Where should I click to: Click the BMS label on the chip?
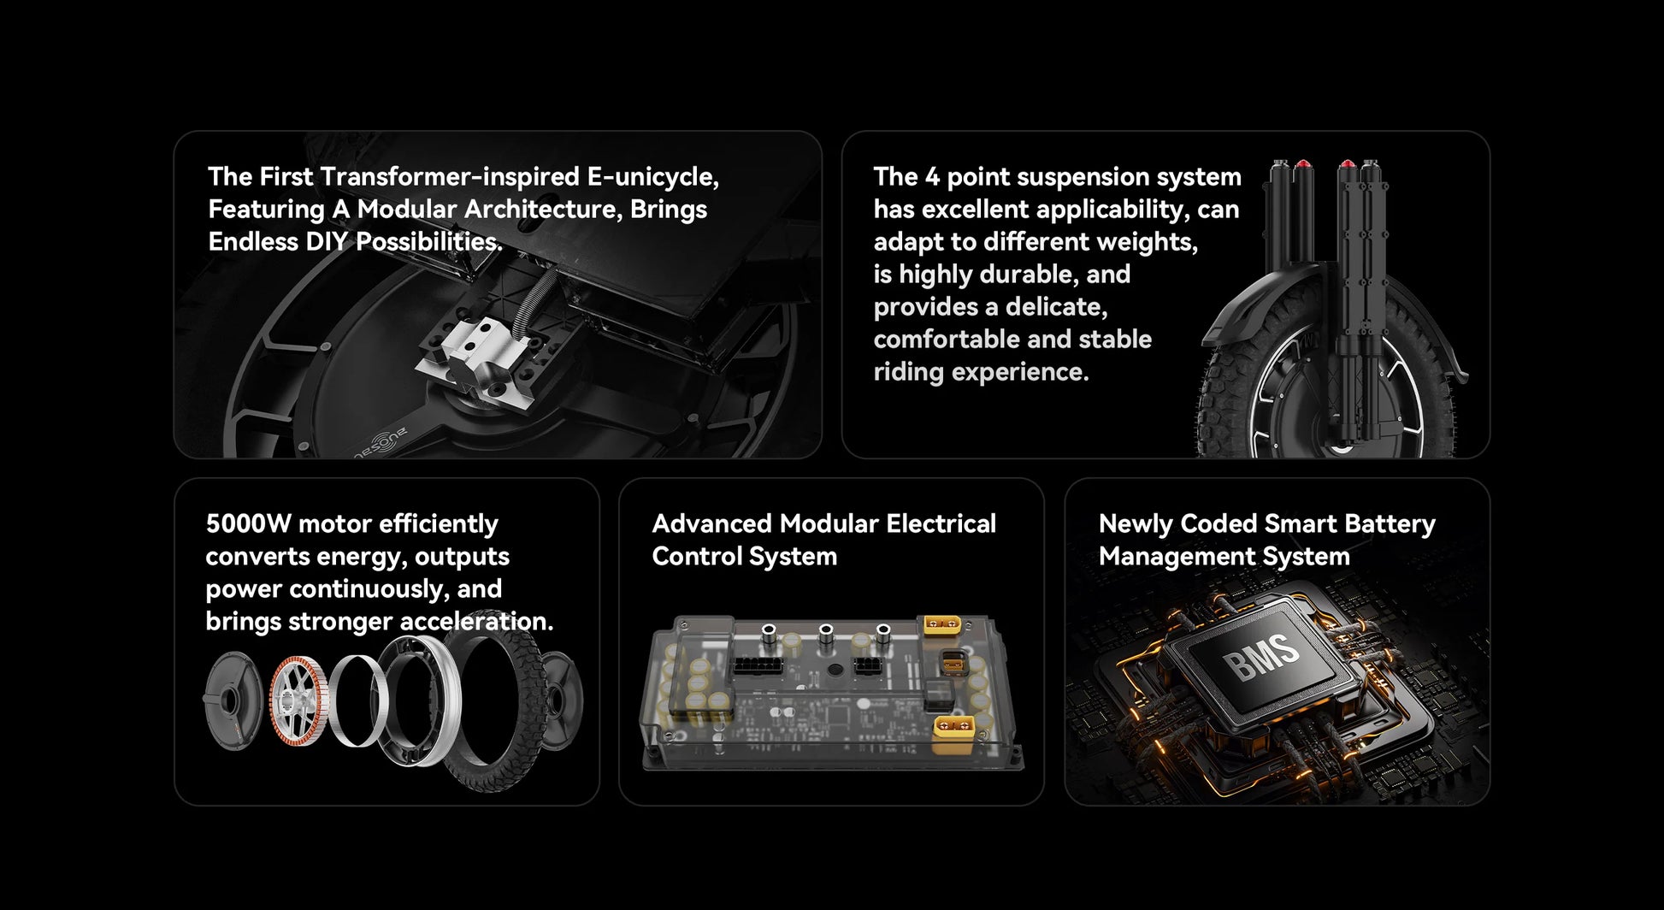(x=1260, y=657)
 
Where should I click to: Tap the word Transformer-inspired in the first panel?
(x=451, y=177)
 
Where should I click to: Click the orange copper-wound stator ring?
(x=298, y=700)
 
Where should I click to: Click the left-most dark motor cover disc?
(x=231, y=700)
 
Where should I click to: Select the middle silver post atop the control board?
(x=826, y=635)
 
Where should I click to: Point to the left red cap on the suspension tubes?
(x=1303, y=165)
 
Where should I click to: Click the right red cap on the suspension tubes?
(x=1347, y=165)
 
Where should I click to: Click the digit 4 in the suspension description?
(x=932, y=177)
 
